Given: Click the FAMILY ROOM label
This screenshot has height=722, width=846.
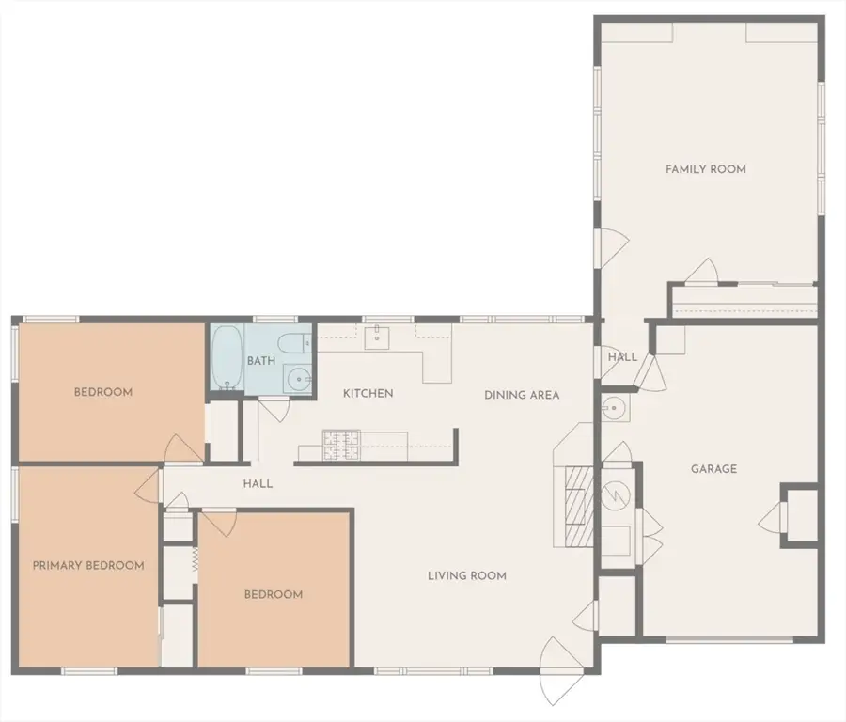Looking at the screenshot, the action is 706,169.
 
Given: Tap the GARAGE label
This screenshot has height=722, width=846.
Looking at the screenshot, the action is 713,469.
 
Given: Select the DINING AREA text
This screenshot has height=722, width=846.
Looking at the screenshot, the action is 522,395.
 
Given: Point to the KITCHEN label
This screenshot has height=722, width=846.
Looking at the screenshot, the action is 368,393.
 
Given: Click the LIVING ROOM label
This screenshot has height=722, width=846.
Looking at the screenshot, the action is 467,575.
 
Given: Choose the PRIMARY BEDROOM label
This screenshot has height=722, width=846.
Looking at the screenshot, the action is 88,566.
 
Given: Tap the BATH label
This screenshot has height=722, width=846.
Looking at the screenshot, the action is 261,360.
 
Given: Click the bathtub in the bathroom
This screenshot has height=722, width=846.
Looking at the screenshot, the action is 227,357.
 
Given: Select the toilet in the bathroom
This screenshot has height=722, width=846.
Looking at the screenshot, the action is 295,342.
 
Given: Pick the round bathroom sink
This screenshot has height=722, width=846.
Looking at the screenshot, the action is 298,380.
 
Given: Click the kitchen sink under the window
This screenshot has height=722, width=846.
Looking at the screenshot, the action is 377,337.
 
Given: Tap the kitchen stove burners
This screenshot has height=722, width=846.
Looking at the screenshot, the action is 341,446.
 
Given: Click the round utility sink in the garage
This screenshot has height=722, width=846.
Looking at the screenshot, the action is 614,408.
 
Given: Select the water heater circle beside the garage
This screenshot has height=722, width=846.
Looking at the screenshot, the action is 616,494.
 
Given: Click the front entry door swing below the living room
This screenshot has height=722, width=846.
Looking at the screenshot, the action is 561,672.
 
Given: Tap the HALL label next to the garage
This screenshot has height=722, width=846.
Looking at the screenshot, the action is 622,356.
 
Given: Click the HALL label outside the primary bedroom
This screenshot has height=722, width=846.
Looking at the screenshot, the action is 258,484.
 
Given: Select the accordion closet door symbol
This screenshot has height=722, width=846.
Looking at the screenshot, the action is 195,559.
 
